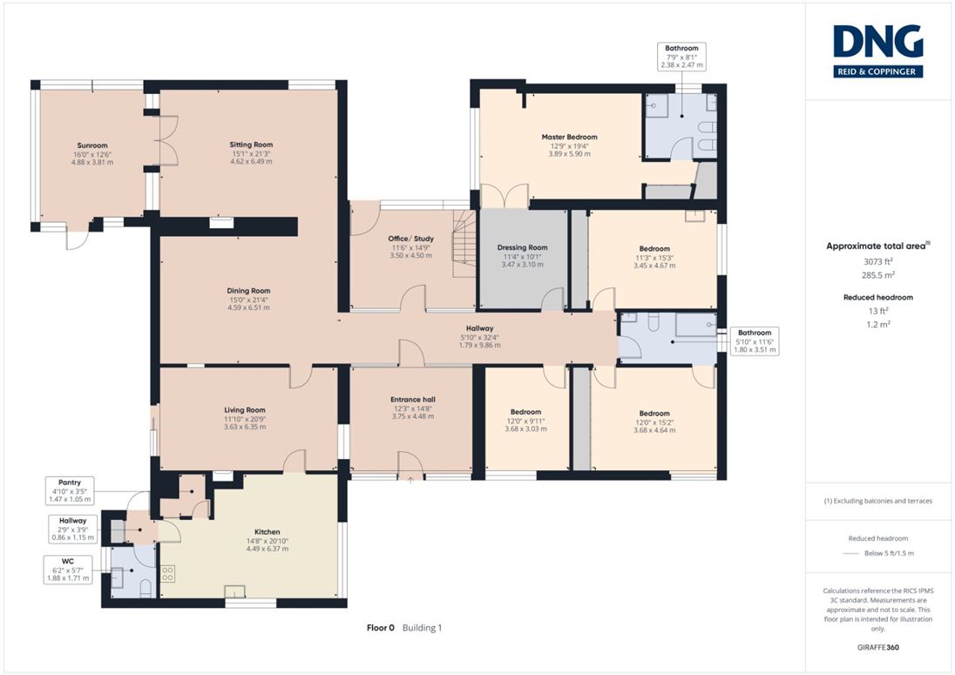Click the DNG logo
[x=877, y=51]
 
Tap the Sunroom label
[x=92, y=145]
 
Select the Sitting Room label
[x=251, y=145]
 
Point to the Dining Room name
[x=248, y=291]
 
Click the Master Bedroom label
[x=570, y=137]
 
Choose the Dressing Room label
[x=522, y=247]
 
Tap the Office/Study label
[x=411, y=239]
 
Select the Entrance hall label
[x=413, y=400]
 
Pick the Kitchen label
[x=267, y=532]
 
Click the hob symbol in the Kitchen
[x=167, y=573]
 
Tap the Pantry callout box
[x=70, y=490]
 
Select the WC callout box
[x=68, y=570]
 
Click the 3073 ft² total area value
[x=877, y=261]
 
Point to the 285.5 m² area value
[x=877, y=275]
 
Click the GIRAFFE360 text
[x=877, y=648]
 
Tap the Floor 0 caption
[x=380, y=627]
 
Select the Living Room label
[x=245, y=410]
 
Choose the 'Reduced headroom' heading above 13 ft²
[x=877, y=298]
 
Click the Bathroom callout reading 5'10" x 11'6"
[x=755, y=341]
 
